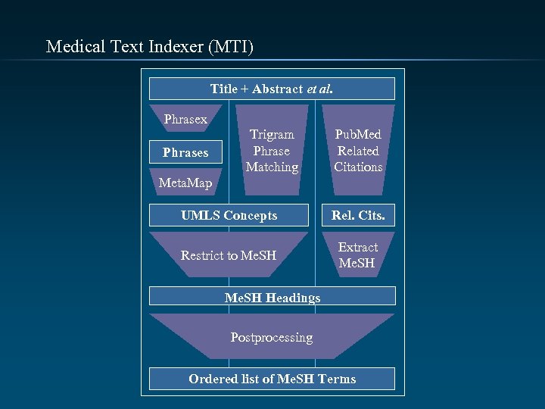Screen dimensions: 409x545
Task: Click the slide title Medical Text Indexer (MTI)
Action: coord(150,47)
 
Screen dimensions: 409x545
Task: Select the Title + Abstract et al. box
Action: coord(272,89)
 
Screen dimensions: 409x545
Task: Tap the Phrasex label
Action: coord(185,119)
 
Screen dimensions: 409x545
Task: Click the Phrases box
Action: coord(185,152)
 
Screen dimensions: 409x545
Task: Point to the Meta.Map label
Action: coord(185,183)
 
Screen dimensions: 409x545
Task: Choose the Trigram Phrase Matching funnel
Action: coord(272,150)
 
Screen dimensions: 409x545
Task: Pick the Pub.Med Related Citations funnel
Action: coord(358,150)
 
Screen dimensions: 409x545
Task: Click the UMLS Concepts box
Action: coord(229,215)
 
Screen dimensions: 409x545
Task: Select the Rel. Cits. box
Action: coord(358,215)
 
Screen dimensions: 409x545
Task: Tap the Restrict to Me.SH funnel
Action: coord(229,255)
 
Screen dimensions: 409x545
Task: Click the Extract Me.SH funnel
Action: coord(358,255)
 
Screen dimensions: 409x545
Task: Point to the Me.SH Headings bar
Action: coord(272,297)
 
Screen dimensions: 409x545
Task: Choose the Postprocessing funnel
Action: coord(272,337)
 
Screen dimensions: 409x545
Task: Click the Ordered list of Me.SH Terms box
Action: coord(272,379)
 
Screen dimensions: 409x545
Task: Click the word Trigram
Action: coord(272,134)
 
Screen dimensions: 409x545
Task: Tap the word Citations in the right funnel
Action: coord(358,167)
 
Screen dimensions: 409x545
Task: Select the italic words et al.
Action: coord(319,89)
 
